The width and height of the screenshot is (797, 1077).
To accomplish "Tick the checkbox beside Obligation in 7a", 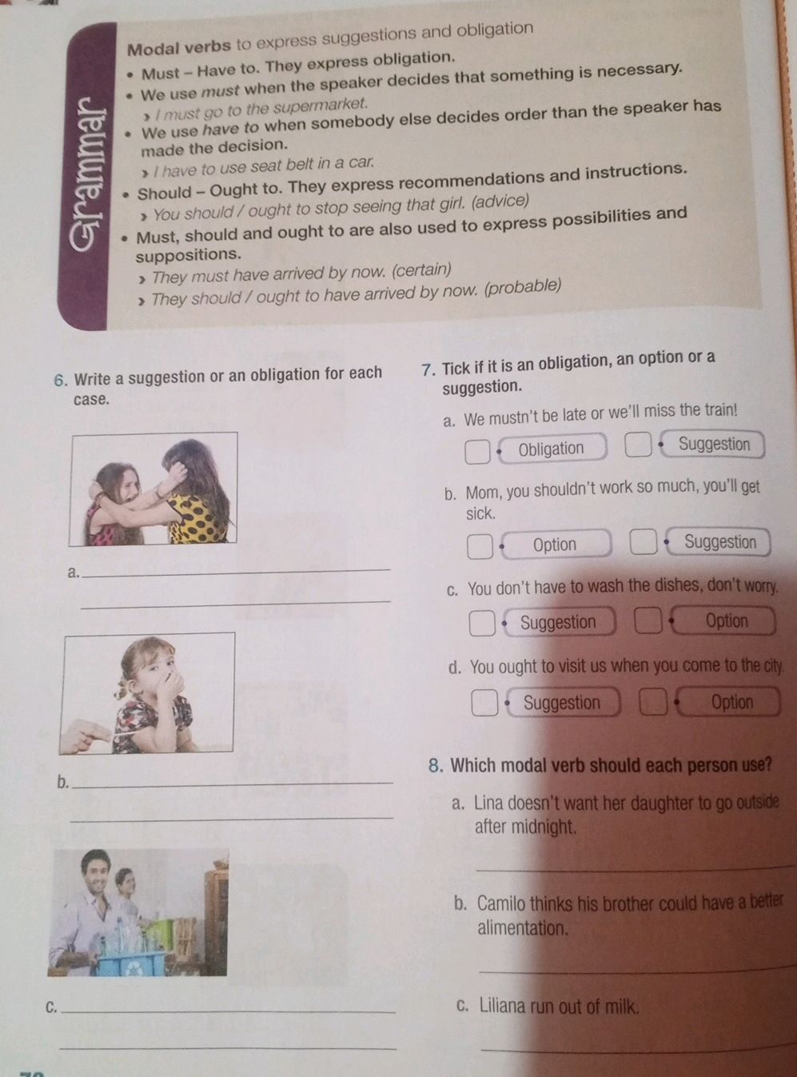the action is coord(477,452).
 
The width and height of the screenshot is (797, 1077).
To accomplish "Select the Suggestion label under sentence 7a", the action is coord(714,445).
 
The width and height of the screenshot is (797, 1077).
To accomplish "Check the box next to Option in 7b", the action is coord(480,546).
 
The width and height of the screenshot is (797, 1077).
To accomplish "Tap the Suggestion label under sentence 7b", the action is coord(720,542).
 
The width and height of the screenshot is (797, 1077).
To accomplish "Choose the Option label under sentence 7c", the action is coord(727,621).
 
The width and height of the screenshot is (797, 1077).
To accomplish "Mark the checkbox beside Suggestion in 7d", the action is coord(484,703).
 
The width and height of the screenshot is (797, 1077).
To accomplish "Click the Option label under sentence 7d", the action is coord(732,702).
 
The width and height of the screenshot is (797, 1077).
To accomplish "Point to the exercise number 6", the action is coord(60,381).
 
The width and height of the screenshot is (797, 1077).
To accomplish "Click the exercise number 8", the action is coord(435,766).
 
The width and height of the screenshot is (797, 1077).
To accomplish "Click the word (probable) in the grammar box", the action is coord(522,288).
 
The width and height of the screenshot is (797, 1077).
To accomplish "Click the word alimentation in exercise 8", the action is coord(522,928).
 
